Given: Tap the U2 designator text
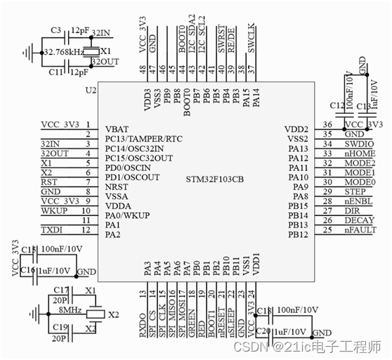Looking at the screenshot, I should (x=91, y=91).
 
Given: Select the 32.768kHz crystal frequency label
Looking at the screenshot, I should (x=63, y=52).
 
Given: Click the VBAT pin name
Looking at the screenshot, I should (x=117, y=129).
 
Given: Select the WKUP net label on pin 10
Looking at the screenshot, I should (x=54, y=210).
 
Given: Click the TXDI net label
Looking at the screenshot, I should (x=53, y=230).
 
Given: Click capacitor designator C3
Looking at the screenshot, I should (x=57, y=32).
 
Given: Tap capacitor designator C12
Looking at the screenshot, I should (x=337, y=105).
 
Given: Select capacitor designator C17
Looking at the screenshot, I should (x=60, y=290).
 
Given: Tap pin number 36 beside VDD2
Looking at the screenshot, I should (x=326, y=124).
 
